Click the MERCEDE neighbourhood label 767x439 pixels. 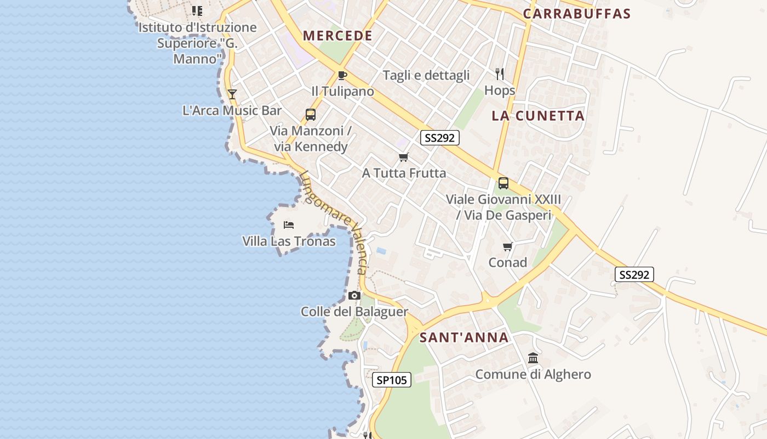[337, 36]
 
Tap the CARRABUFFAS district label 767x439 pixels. [577, 14]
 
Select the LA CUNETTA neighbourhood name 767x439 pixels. [538, 116]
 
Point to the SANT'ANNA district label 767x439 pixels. [464, 337]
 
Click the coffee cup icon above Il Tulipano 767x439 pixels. [342, 75]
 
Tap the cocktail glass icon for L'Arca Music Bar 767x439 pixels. [232, 94]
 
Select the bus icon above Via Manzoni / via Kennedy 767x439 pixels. [311, 115]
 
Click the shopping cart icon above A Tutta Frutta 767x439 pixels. [404, 157]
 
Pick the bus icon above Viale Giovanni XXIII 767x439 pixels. [503, 183]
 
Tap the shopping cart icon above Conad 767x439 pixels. [508, 247]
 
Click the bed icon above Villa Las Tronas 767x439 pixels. [289, 224]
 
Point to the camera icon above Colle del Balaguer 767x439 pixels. [354, 296]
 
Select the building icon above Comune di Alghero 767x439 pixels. [533, 358]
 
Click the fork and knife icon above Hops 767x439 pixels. [500, 74]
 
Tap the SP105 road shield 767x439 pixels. [391, 380]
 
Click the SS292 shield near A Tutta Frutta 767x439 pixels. [440, 138]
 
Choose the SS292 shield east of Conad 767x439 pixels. [634, 275]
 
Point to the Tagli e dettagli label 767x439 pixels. [426, 75]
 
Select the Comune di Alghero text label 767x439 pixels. [533, 375]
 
